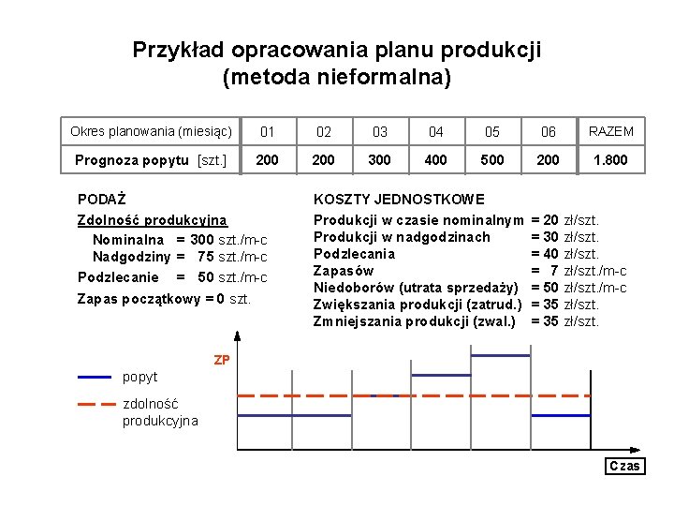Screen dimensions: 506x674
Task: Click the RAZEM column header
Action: pyautogui.click(x=610, y=131)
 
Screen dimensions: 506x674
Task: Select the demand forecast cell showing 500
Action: pyautogui.click(x=492, y=160)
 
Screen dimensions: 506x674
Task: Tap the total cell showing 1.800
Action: pyautogui.click(x=610, y=160)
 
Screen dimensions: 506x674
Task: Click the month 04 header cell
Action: pyautogui.click(x=436, y=132)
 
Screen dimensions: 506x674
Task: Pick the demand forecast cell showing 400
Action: pyautogui.click(x=436, y=160)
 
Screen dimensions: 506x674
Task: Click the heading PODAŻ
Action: pyautogui.click(x=102, y=200)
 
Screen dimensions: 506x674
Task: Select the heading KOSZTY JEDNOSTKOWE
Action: pyautogui.click(x=399, y=200)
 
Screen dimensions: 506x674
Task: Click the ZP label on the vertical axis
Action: pyautogui.click(x=222, y=360)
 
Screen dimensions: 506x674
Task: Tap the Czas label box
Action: pyautogui.click(x=624, y=466)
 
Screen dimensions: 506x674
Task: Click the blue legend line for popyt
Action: pyautogui.click(x=95, y=377)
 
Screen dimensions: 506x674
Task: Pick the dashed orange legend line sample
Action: pyautogui.click(x=95, y=404)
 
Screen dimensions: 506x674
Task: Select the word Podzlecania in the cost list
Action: pyautogui.click(x=354, y=254)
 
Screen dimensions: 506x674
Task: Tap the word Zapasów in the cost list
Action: pyautogui.click(x=343, y=271)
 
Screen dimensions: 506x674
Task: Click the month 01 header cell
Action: pyautogui.click(x=268, y=132)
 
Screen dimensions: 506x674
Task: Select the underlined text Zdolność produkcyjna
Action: pyautogui.click(x=152, y=220)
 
